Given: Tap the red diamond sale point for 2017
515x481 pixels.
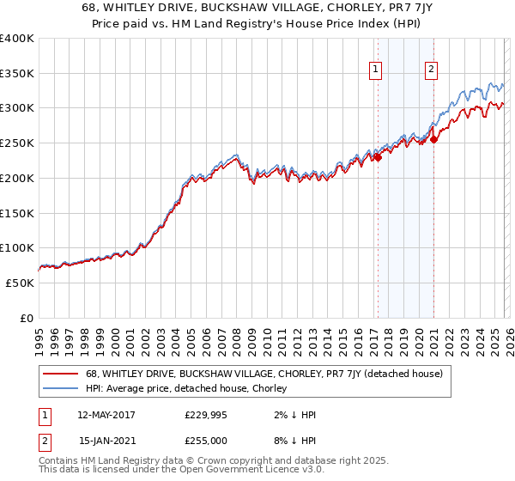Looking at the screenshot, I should [378, 156].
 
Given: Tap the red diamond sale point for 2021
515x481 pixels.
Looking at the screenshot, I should [433, 139].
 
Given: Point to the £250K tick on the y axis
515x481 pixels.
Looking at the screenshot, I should [17, 143].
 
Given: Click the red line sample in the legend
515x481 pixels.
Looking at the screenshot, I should [60, 374].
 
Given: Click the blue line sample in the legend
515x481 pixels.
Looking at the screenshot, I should [60, 388].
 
